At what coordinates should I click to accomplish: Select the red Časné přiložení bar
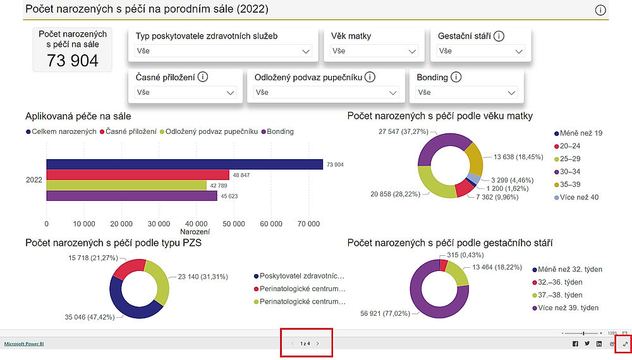[138, 175]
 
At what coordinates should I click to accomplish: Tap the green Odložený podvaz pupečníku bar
[126, 186]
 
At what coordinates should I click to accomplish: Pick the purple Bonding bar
[131, 196]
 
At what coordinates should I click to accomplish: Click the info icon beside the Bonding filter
[456, 78]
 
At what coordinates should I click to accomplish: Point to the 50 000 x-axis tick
[234, 224]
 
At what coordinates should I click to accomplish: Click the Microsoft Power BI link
[24, 344]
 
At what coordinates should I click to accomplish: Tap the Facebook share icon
[575, 344]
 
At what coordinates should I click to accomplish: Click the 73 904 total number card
[73, 60]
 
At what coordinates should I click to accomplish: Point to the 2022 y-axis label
[33, 180]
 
